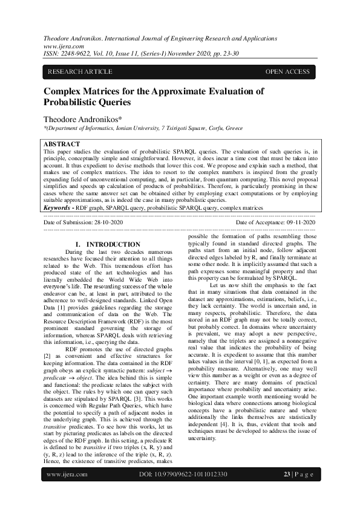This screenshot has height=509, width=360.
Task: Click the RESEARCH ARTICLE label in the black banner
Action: click(80, 72)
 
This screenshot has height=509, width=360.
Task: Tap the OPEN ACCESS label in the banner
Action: click(287, 72)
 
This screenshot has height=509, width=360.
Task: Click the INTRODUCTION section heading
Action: click(113, 244)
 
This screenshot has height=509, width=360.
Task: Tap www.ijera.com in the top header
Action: click(60, 46)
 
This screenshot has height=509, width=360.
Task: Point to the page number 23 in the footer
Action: click(287, 491)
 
